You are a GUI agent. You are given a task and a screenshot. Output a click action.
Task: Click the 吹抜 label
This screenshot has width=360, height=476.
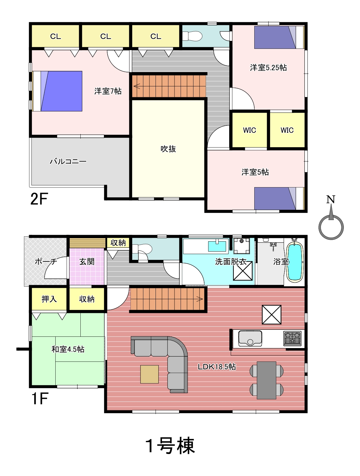(168, 149)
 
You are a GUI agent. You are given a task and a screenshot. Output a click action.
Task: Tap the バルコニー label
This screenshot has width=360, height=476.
(68, 161)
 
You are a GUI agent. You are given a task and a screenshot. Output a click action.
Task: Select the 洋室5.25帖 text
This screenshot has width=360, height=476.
(268, 68)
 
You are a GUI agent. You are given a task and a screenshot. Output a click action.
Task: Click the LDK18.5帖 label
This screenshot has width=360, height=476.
(217, 367)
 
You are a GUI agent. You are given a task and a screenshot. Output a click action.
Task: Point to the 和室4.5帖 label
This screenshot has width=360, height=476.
(68, 349)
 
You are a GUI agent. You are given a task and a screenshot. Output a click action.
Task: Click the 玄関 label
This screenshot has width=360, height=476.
(87, 262)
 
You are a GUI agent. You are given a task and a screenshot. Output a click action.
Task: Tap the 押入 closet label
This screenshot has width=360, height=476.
(49, 299)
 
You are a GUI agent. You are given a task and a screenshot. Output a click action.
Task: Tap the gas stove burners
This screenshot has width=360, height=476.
(292, 338)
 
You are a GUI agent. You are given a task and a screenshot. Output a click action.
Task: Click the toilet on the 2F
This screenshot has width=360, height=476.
(192, 36)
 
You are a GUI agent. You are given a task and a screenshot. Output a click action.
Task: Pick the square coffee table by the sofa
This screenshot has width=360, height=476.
(149, 374)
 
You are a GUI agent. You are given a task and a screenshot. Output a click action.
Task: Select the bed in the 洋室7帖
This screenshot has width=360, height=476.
(57, 91)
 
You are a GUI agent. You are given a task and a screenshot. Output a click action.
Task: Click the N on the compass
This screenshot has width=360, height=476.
(331, 199)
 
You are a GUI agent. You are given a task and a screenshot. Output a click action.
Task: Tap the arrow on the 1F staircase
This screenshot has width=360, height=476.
(200, 299)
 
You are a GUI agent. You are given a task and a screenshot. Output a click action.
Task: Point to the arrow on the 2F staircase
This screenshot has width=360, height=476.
(137, 86)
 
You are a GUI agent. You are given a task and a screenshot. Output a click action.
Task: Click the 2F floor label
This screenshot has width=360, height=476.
(39, 199)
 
